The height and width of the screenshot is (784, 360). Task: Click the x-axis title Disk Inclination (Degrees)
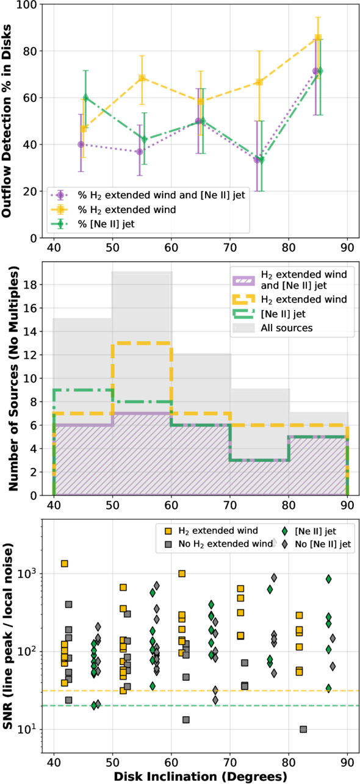tap(200, 776)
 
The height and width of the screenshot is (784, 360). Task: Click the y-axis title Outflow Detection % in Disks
tap(6, 121)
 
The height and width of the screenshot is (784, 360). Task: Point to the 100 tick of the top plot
tap(27, 4)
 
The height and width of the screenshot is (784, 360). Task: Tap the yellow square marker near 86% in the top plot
tap(318, 37)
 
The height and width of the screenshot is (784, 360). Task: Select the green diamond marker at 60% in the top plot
tap(86, 98)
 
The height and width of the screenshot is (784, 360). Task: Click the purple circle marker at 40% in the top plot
tap(81, 144)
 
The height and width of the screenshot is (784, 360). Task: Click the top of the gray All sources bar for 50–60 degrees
tap(142, 272)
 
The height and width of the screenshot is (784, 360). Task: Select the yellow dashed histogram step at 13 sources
tap(142, 343)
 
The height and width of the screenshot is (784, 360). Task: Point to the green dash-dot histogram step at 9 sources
tap(83, 389)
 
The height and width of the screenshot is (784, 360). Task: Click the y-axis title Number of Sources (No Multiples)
tap(13, 378)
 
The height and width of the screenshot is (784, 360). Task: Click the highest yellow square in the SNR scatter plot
tap(65, 564)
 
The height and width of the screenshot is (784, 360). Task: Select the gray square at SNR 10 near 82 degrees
tap(303, 730)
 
